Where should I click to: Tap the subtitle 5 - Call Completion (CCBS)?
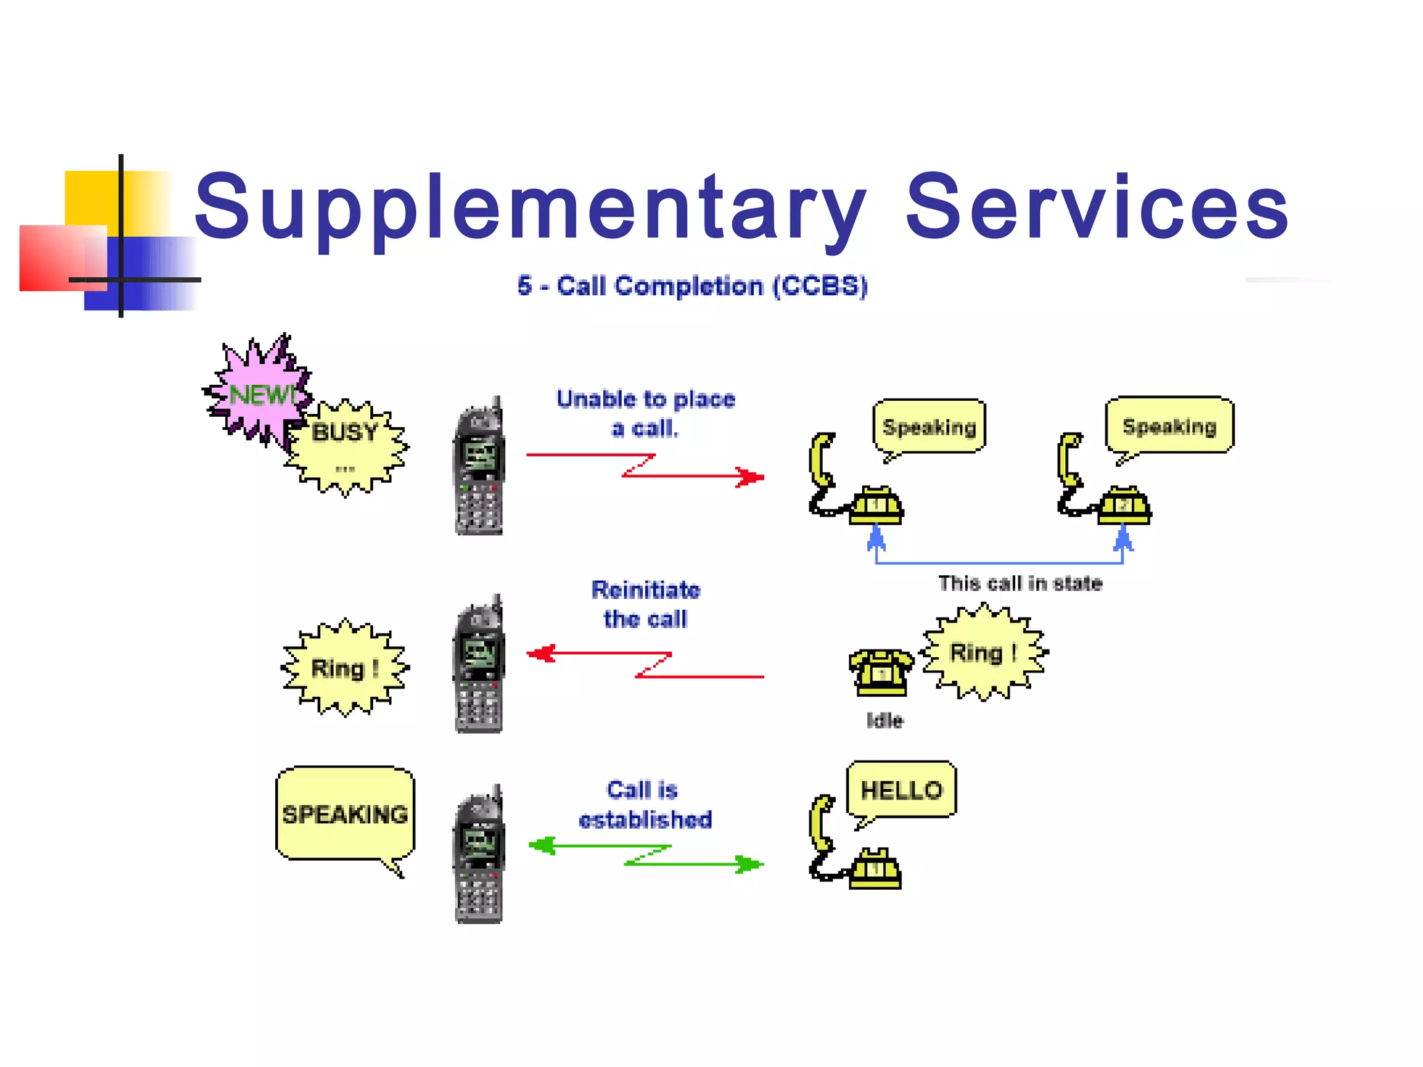click(692, 286)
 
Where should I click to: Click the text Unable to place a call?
click(645, 413)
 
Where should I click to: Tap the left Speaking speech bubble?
click(929, 427)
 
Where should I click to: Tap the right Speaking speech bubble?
click(1169, 425)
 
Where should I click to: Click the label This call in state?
click(1020, 584)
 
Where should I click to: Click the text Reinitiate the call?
click(645, 604)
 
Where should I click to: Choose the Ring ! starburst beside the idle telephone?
click(982, 652)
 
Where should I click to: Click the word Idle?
click(885, 720)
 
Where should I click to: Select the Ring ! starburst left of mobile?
click(345, 668)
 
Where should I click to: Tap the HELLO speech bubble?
click(901, 790)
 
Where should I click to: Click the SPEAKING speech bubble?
click(345, 813)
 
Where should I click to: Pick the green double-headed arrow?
click(645, 855)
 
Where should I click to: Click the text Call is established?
click(645, 804)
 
